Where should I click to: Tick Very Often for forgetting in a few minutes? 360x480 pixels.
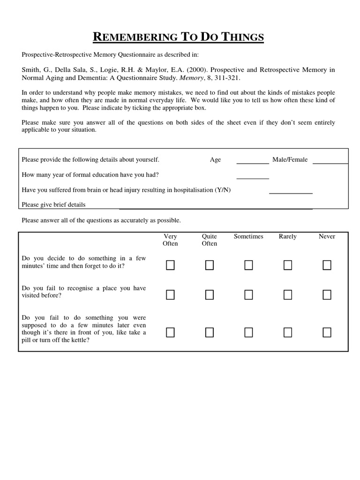click(x=170, y=266)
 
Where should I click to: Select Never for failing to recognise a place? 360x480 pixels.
click(x=327, y=295)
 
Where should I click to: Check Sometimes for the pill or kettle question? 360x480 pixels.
click(x=248, y=332)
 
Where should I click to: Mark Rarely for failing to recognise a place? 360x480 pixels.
click(x=288, y=295)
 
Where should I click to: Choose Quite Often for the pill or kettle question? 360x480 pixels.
click(x=210, y=332)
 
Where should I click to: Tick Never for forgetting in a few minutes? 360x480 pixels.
click(x=327, y=266)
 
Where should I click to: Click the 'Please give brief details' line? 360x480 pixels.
click(x=216, y=207)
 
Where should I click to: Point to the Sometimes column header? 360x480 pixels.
click(x=248, y=237)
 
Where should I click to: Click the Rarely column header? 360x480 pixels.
click(x=288, y=237)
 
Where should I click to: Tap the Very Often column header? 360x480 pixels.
click(x=170, y=240)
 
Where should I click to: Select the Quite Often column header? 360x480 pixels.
click(x=210, y=240)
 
